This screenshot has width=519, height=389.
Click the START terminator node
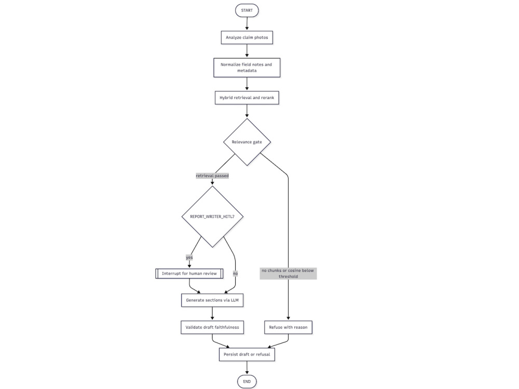pos(247,10)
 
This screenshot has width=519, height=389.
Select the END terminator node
pos(247,381)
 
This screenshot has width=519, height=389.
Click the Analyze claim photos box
pos(247,37)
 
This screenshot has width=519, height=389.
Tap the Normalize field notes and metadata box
pos(247,67)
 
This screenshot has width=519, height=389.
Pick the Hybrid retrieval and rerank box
pos(247,98)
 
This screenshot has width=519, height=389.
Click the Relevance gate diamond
pos(247,142)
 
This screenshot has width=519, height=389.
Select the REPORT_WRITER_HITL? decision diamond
pos(212,217)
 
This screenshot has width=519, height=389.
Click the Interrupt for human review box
pos(189,273)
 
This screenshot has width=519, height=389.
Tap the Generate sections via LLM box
pos(212,300)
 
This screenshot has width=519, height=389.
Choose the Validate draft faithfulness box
pos(212,327)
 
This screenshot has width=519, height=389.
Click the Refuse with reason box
pos(288,327)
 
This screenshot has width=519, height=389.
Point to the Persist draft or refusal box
pos(247,354)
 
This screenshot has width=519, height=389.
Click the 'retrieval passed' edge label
pos(212,176)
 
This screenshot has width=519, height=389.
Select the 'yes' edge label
pos(189,257)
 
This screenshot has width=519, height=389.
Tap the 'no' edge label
pos(235,273)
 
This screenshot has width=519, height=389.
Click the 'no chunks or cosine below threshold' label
pos(288,273)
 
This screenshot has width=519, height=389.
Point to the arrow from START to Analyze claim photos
pos(247,23)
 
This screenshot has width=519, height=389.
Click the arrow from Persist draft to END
pos(247,368)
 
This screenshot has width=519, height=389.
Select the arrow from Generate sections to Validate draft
pos(212,314)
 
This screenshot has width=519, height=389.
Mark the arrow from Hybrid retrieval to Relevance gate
pos(247,111)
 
